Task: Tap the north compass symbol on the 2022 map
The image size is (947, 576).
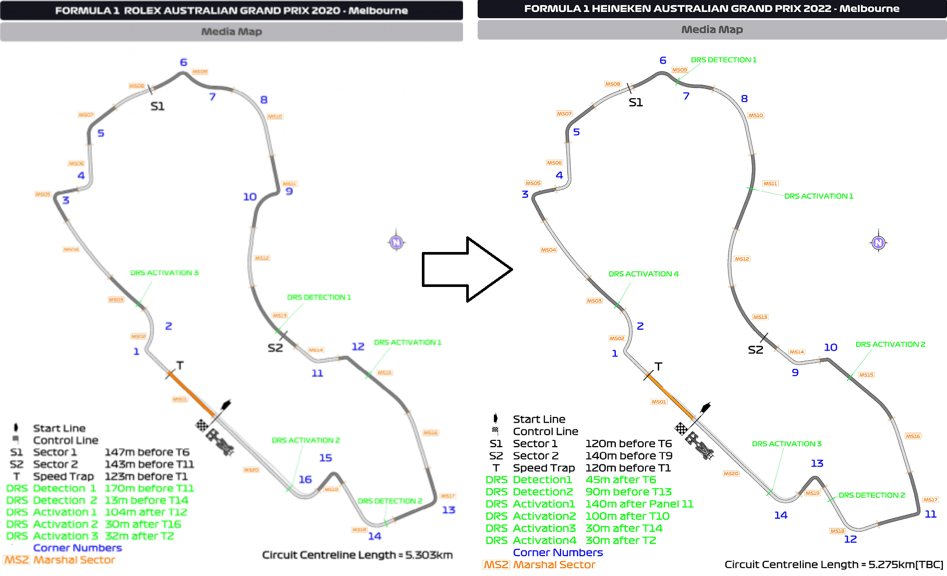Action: pyautogui.click(x=879, y=242)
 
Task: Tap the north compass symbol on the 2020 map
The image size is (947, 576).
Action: pyautogui.click(x=396, y=242)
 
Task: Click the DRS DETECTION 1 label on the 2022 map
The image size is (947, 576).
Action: pyautogui.click(x=723, y=60)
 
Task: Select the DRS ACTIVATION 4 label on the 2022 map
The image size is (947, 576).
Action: pyautogui.click(x=644, y=274)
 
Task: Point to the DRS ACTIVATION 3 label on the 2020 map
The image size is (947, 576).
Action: pyautogui.click(x=164, y=273)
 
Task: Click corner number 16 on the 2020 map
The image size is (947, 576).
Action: pyautogui.click(x=305, y=479)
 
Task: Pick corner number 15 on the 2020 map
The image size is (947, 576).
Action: pyautogui.click(x=325, y=458)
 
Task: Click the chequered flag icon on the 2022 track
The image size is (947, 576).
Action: pyautogui.click(x=681, y=429)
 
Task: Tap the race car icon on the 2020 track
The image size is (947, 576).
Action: pyautogui.click(x=220, y=441)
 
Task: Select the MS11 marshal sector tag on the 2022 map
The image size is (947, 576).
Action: pyautogui.click(x=770, y=184)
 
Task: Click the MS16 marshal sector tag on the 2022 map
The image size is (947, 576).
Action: pyautogui.click(x=913, y=436)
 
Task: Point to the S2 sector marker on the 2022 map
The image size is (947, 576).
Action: pyautogui.click(x=756, y=350)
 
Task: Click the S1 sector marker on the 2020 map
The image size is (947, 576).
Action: pyautogui.click(x=157, y=106)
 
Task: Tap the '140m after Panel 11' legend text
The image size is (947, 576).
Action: pyautogui.click(x=639, y=504)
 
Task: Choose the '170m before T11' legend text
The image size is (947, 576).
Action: pyautogui.click(x=149, y=488)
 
